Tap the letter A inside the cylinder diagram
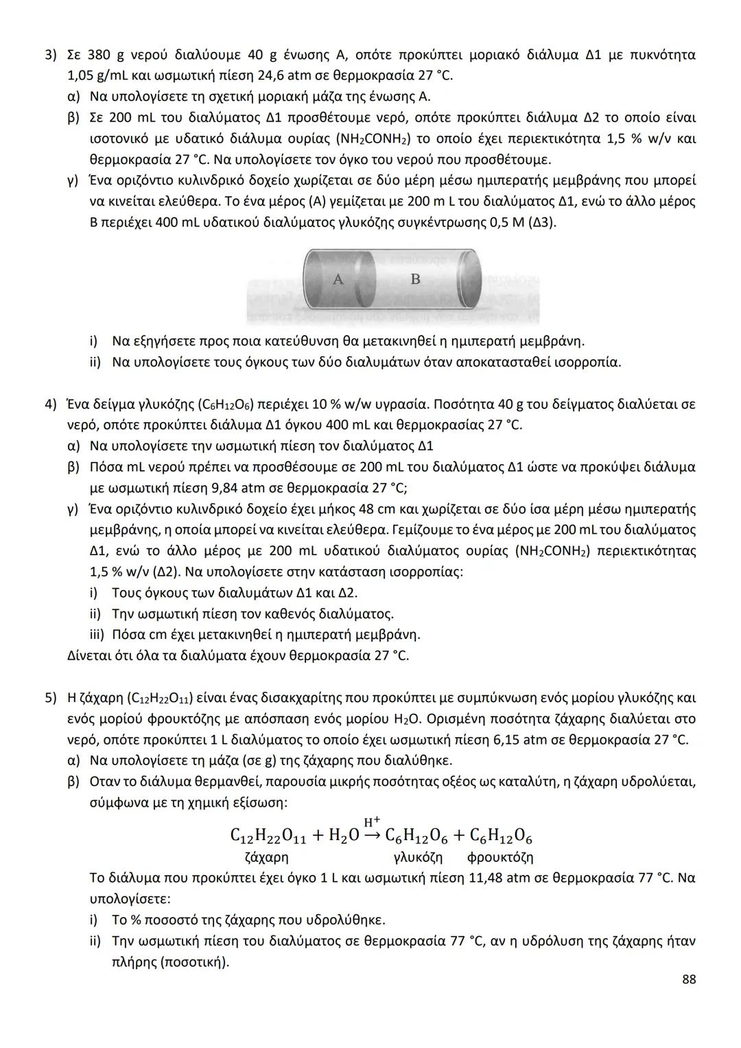pyautogui.click(x=338, y=279)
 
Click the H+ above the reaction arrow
pyautogui.click(x=372, y=822)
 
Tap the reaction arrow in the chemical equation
pyautogui.click(x=371, y=835)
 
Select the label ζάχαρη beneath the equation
pyautogui.click(x=266, y=857)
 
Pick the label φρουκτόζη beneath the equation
pyautogui.click(x=499, y=857)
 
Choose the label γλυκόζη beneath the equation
pyautogui.click(x=418, y=857)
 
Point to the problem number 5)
pyautogui.click(x=51, y=698)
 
